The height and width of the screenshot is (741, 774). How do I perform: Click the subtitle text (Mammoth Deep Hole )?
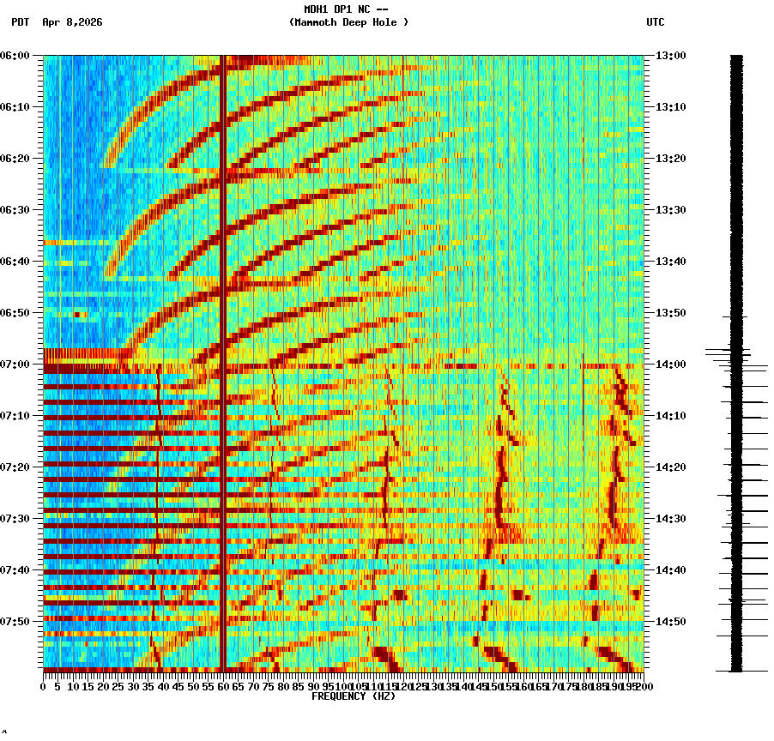click(348, 22)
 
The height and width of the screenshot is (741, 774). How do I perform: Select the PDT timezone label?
click(21, 22)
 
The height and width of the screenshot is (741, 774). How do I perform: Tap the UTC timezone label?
click(655, 22)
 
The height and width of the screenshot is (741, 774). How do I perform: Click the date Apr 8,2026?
click(72, 22)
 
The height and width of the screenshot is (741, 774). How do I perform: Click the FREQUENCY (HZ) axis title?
click(353, 696)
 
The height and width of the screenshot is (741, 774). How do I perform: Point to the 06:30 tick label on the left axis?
click(15, 210)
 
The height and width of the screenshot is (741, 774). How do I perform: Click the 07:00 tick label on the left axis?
click(15, 364)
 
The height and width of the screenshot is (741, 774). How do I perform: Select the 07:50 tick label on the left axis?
click(15, 622)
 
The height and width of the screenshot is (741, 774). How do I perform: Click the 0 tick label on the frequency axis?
click(44, 686)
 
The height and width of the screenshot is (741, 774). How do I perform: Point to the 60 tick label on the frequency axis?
click(224, 686)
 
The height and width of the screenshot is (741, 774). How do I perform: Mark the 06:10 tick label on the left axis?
click(15, 107)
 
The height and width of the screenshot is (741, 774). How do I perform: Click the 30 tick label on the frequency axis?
click(134, 686)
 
